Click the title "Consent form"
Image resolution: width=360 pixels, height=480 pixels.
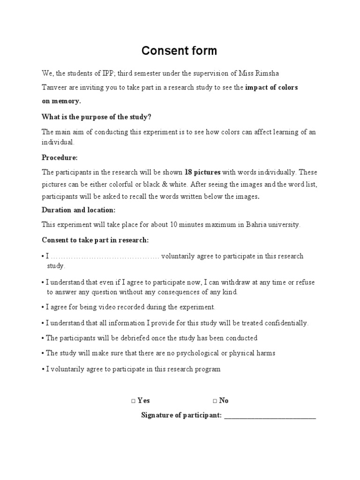click(180, 51)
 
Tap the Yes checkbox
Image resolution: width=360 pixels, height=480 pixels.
click(134, 401)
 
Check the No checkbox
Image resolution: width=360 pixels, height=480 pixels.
click(215, 401)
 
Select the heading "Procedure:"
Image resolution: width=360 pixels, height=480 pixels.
click(60, 157)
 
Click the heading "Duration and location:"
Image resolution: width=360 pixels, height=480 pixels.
click(78, 210)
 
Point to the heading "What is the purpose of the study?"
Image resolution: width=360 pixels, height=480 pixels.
click(97, 117)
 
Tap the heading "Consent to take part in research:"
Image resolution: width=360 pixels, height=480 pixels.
click(95, 240)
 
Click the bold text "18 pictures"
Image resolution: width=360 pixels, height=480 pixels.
click(202, 172)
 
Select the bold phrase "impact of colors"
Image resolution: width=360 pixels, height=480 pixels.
click(271, 88)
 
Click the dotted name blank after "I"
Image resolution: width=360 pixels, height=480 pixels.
click(105, 257)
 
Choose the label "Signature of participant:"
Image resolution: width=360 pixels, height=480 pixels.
click(181, 416)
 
